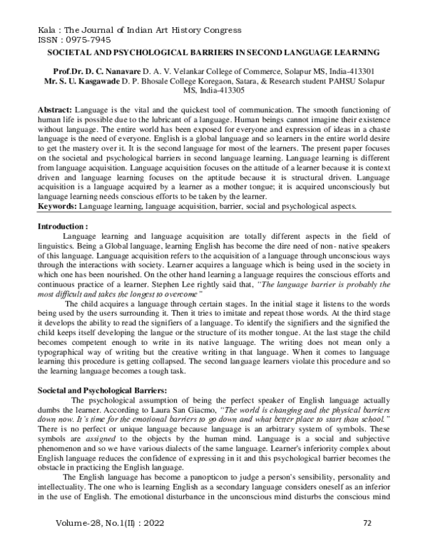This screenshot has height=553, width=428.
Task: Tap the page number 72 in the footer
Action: coord(367,542)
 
